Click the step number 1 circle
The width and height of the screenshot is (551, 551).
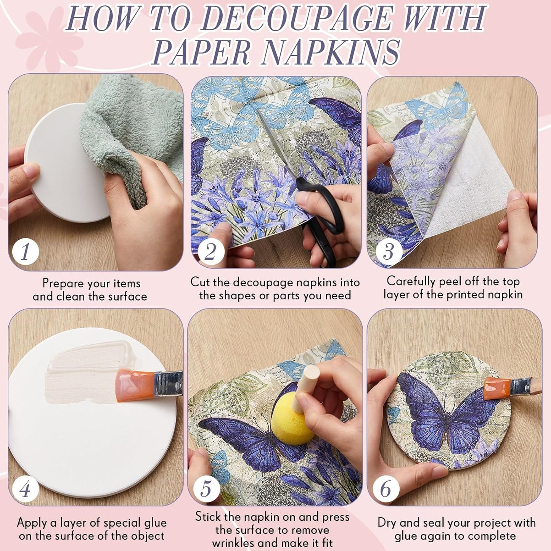click(25, 251)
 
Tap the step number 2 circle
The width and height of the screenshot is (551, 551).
click(210, 251)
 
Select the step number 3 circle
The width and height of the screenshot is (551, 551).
click(388, 251)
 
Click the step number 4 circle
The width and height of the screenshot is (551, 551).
click(25, 489)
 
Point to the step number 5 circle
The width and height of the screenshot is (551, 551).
click(206, 489)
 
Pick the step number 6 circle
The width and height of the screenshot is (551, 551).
click(386, 489)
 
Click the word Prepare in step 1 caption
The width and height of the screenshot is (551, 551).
click(63, 283)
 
